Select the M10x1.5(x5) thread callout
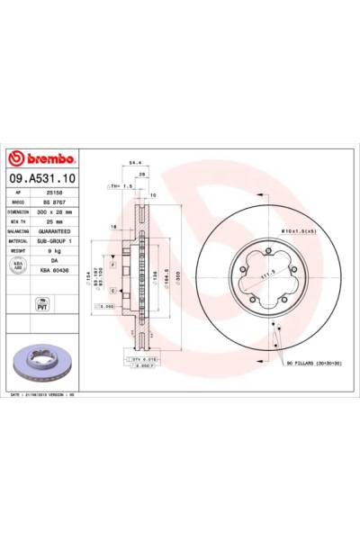coord(298,232)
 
